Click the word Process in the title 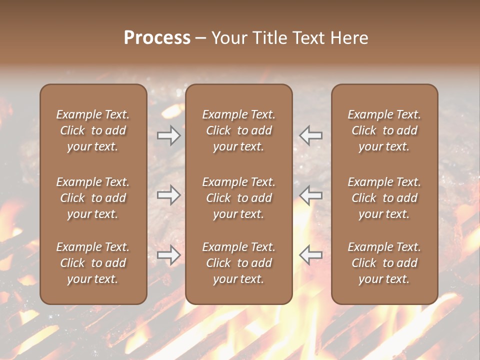coord(157,38)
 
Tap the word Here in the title coord(349,38)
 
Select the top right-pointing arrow coord(169,135)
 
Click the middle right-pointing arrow coord(169,195)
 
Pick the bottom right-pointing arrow coord(169,255)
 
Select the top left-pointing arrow coord(310,135)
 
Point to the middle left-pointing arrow coord(310,195)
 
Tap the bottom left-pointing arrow coord(310,255)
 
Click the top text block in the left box coord(93,130)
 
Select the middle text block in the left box coord(93,198)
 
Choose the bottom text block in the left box coord(93,263)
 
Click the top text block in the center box coord(239,130)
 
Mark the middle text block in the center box coord(239,198)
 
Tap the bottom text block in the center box coord(239,263)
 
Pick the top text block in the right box coord(384,130)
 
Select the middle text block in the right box coord(384,198)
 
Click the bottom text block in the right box coord(384,263)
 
